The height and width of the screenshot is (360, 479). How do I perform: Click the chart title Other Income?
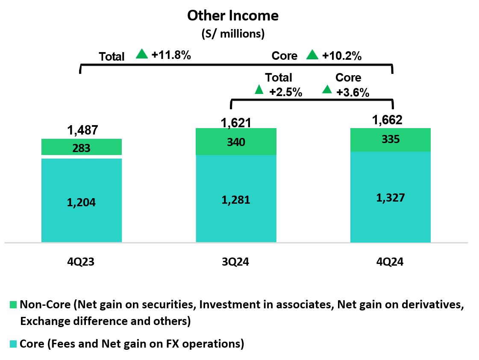tap(233, 16)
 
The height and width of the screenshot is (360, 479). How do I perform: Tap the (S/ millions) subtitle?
tap(233, 34)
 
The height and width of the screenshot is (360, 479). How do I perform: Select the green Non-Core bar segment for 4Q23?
tap(82, 148)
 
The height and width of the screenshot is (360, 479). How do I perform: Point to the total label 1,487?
tap(82, 130)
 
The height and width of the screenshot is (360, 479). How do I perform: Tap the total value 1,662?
tap(388, 120)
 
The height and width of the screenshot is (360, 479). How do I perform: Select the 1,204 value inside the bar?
tap(82, 203)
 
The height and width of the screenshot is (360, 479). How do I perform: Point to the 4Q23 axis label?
tap(80, 262)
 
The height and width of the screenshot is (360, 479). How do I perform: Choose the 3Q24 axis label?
tap(235, 262)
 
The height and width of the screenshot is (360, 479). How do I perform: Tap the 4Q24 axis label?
tap(390, 262)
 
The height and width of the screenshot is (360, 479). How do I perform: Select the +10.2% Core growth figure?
tap(342, 56)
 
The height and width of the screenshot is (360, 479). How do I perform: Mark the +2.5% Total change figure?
tap(285, 92)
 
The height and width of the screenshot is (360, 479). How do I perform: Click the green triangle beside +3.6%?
tap(327, 89)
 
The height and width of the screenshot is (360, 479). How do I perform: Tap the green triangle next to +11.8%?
tap(142, 54)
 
